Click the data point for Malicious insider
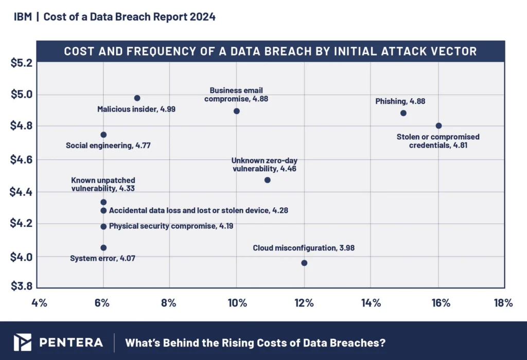pyautogui.click(x=137, y=98)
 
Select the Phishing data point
pyautogui.click(x=403, y=113)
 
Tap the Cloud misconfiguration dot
pyautogui.click(x=304, y=263)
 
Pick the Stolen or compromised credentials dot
pyautogui.click(x=438, y=125)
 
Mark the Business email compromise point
pyautogui.click(x=237, y=111)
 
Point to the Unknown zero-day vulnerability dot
pyautogui.click(x=267, y=180)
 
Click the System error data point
pyautogui.click(x=103, y=247)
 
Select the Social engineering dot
pyautogui.click(x=103, y=135)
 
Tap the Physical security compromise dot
pyautogui.click(x=103, y=226)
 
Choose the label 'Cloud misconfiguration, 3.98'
pyautogui.click(x=304, y=248)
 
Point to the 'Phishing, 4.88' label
pyautogui.click(x=400, y=101)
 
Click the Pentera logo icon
pyautogui.click(x=23, y=342)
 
